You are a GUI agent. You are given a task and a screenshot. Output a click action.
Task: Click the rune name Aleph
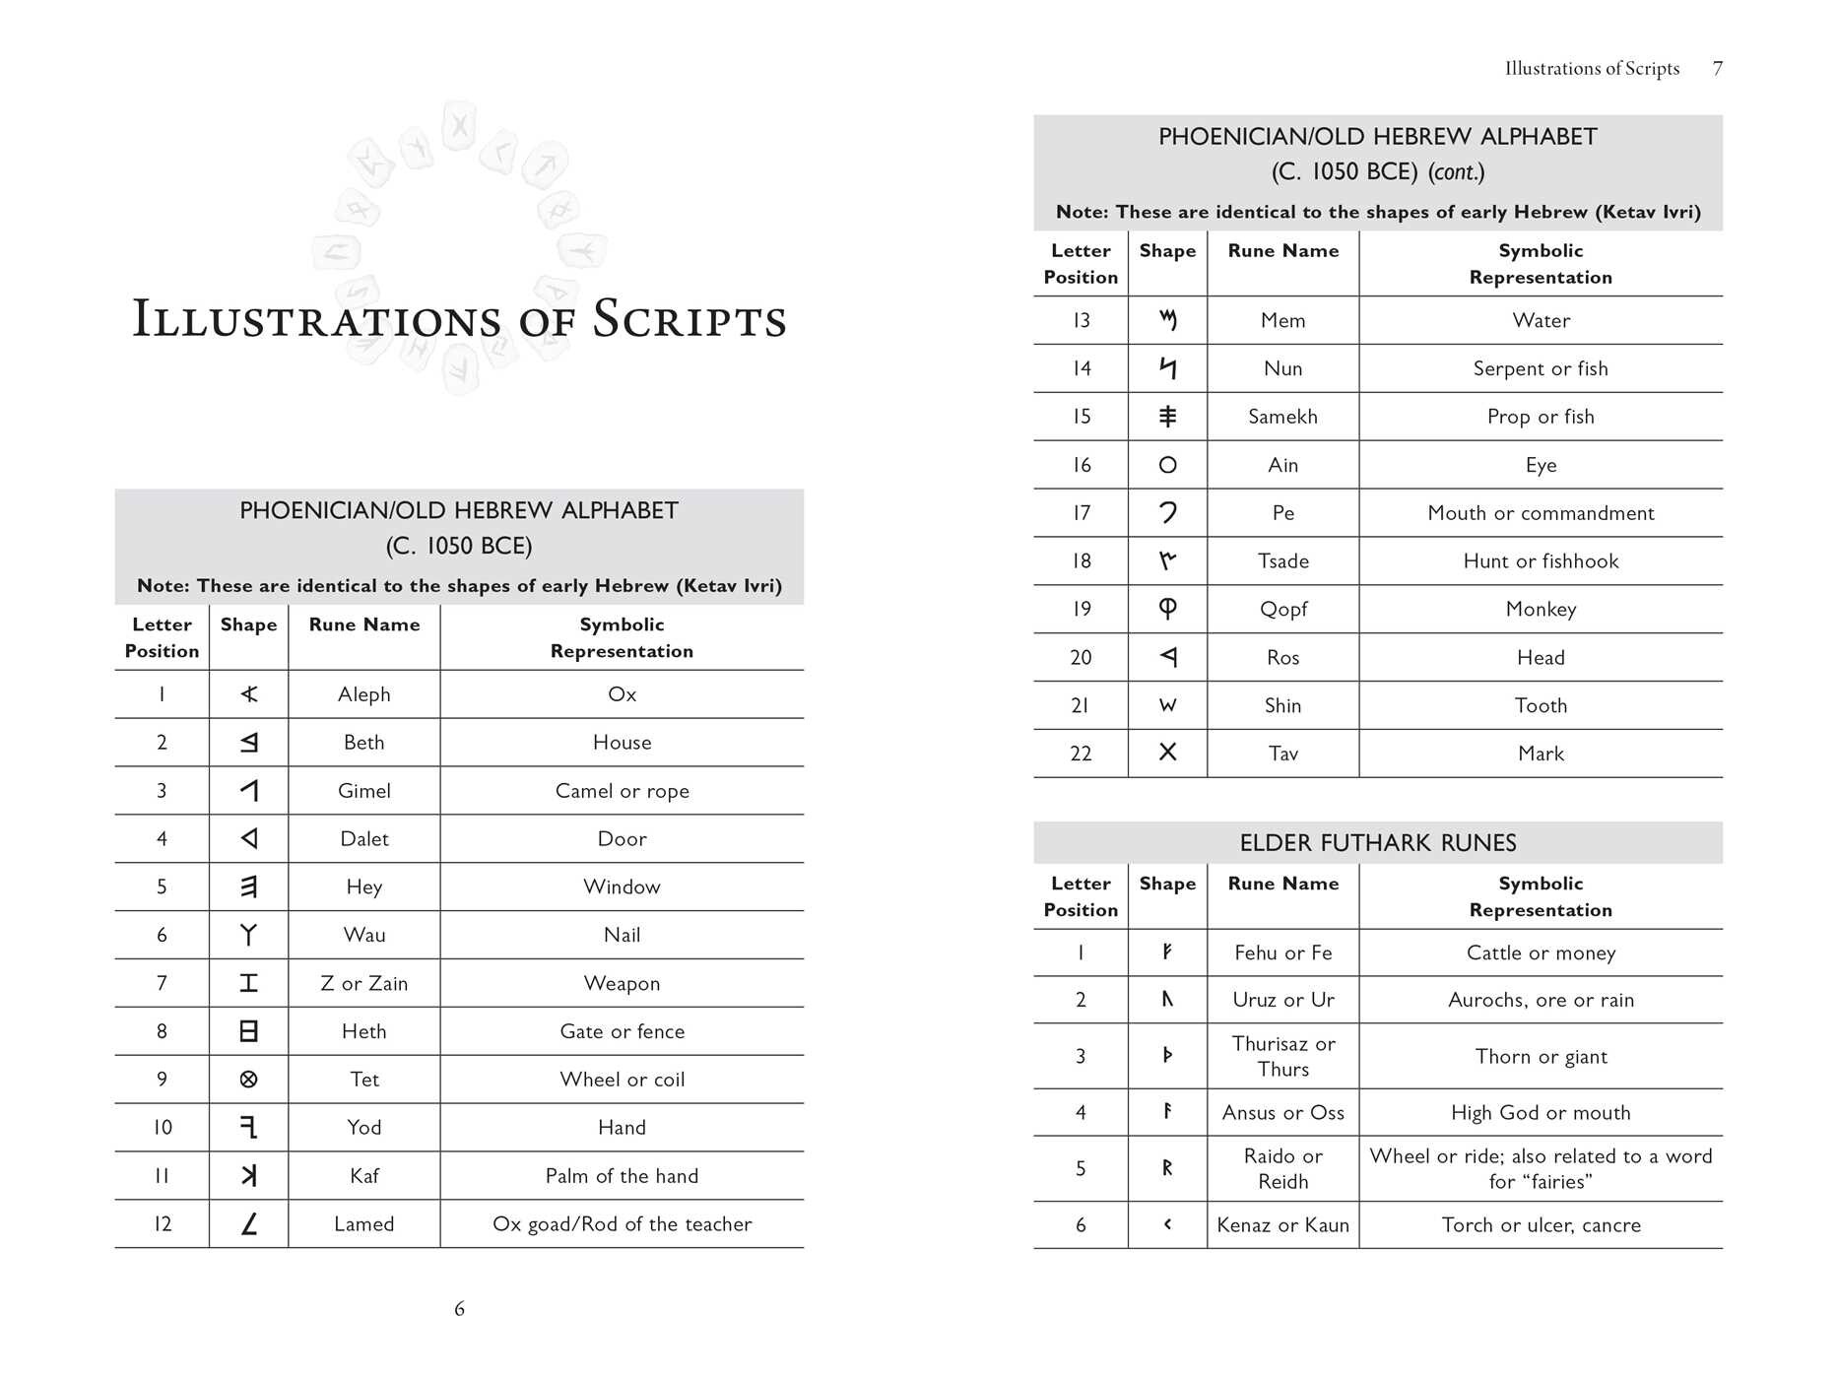pos(363,694)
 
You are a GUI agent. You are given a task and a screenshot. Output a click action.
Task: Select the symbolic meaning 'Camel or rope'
pos(622,791)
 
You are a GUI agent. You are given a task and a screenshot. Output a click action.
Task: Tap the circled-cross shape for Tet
pos(248,1080)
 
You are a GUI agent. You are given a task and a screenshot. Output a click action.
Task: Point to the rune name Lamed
pos(363,1224)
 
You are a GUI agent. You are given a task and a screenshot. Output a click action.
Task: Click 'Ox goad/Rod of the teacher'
pos(622,1224)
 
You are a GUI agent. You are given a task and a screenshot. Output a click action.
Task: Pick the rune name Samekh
pos(1282,417)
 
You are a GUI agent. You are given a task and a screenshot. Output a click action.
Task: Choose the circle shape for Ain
pos(1167,465)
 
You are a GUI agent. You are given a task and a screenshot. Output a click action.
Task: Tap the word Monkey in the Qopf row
pos(1541,610)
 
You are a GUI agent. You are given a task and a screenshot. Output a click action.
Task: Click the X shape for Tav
pos(1167,753)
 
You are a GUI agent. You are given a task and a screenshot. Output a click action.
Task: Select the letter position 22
pos(1081,754)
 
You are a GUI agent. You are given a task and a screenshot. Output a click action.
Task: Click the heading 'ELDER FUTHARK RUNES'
pos(1377,843)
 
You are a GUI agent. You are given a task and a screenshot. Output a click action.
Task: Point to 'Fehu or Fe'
pos(1282,952)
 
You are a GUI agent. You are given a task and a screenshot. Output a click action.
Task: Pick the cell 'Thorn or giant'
pos(1541,1057)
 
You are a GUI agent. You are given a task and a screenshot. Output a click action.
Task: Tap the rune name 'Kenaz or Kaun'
pos(1282,1225)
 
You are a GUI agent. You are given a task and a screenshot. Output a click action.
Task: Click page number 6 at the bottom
pos(459,1309)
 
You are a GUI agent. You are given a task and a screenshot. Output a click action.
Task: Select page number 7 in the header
pos(1717,69)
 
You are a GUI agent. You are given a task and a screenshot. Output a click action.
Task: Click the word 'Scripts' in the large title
pos(689,320)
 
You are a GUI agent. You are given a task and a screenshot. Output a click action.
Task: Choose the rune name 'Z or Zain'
pos(363,984)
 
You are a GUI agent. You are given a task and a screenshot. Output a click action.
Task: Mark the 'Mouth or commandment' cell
pos(1541,513)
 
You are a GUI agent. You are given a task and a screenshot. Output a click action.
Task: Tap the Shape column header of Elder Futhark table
pos(1167,884)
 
